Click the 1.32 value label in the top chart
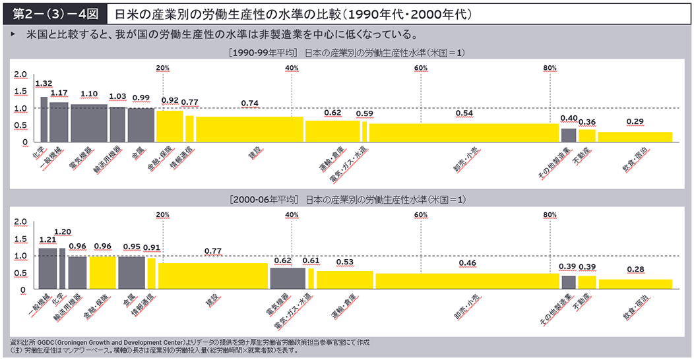44,84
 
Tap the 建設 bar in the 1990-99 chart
249,129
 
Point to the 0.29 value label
635,121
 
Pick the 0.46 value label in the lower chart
467,263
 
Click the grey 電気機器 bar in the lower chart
287,278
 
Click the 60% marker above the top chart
421,69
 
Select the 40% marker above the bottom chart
292,215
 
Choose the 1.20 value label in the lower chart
63,232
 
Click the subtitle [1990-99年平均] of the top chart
263,52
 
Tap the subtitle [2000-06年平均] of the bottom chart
263,199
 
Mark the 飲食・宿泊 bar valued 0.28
635,284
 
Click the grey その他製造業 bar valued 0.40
568,135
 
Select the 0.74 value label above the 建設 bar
250,104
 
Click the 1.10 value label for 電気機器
89,94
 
